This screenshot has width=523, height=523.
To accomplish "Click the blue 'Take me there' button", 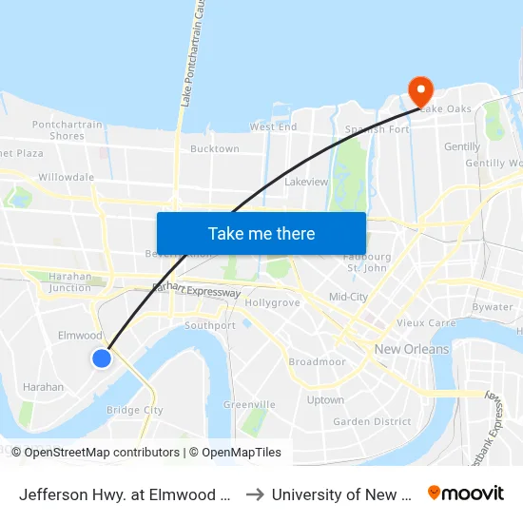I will [261, 233].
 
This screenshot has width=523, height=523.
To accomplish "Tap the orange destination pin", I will [419, 92].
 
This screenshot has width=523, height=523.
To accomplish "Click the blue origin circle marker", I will [102, 358].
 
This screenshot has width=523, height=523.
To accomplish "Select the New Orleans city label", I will [412, 349].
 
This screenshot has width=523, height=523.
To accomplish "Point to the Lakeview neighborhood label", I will [306, 181].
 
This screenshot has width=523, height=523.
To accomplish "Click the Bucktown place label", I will [215, 149].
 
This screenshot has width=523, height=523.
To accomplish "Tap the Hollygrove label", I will [273, 302].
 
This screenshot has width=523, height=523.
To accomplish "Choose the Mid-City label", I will [348, 298].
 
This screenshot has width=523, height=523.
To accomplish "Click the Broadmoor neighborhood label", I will [316, 362].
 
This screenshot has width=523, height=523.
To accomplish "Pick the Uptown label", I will [325, 399].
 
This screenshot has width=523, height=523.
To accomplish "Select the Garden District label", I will [372, 421].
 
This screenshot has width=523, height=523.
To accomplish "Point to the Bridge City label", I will [135, 411].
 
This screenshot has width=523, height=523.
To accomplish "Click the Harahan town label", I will [43, 387].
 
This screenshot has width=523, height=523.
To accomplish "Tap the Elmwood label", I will [80, 336].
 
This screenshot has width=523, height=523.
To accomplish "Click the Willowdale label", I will [66, 177].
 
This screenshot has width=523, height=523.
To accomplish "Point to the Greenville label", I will [249, 404].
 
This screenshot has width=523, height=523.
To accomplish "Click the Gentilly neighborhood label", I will [462, 146].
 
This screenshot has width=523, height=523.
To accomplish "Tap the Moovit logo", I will [466, 494].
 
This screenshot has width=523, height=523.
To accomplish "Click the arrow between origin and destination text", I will [254, 494].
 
